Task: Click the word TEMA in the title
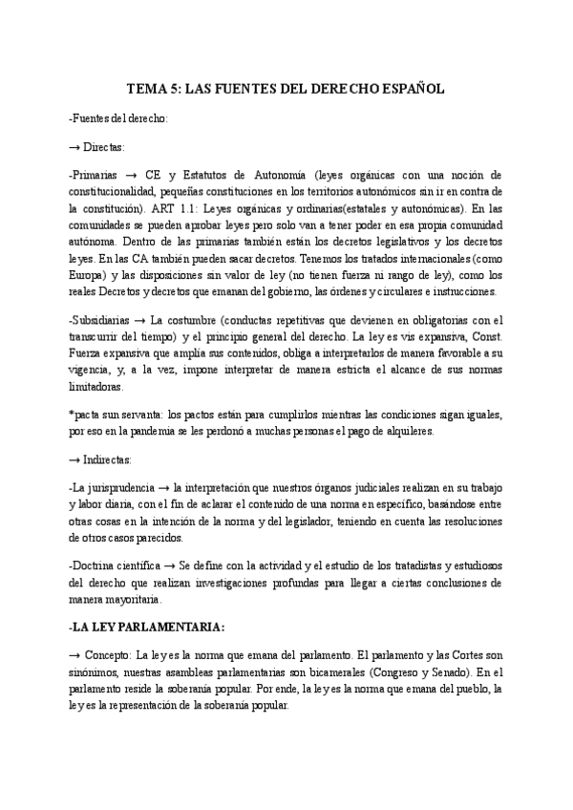(x=148, y=89)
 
